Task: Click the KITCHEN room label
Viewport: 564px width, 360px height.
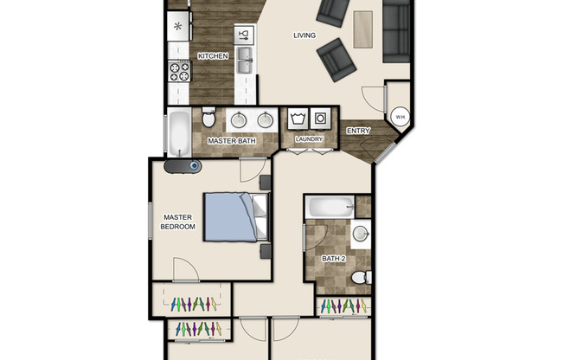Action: [213, 56]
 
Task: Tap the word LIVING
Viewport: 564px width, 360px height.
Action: [304, 35]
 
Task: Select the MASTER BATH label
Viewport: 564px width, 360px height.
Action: [229, 139]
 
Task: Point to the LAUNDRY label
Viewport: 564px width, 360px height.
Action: [309, 138]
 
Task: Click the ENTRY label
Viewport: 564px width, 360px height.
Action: [358, 131]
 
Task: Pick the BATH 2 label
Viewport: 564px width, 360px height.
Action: [333, 258]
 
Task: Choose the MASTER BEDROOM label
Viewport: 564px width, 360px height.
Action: [178, 222]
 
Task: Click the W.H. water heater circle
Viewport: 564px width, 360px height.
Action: [401, 117]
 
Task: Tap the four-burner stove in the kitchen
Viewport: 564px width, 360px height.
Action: [179, 71]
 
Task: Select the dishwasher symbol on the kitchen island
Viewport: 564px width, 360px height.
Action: [243, 35]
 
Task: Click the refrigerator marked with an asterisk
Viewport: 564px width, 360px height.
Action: [178, 26]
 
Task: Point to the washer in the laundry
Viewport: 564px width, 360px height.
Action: [299, 117]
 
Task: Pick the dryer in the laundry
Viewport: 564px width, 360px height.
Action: [321, 117]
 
